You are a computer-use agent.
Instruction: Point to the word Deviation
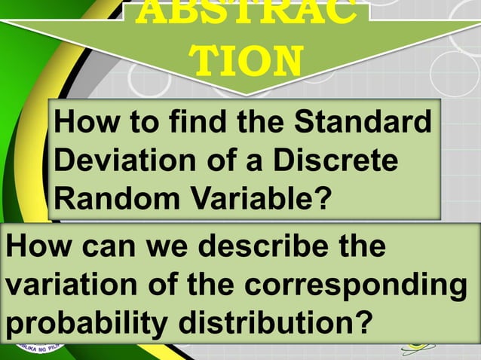coord(114,160)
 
